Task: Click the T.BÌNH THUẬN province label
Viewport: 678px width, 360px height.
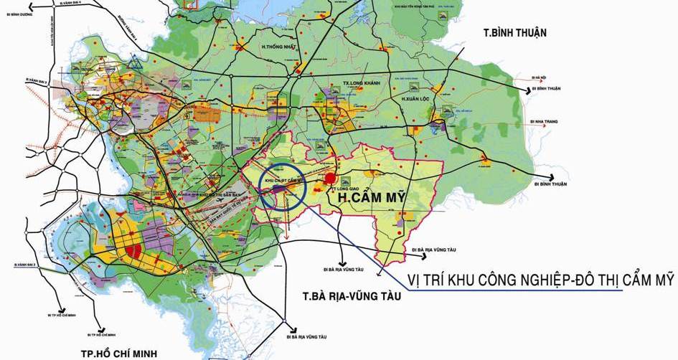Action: tap(515, 32)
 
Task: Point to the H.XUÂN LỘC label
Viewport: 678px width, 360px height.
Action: tap(419, 98)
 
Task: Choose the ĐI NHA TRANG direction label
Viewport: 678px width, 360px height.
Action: tap(547, 122)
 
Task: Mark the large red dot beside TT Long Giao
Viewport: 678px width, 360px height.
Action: tap(330, 179)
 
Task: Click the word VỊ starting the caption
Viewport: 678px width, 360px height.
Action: tap(416, 281)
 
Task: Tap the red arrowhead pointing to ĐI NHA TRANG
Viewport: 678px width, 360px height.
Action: tap(527, 122)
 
